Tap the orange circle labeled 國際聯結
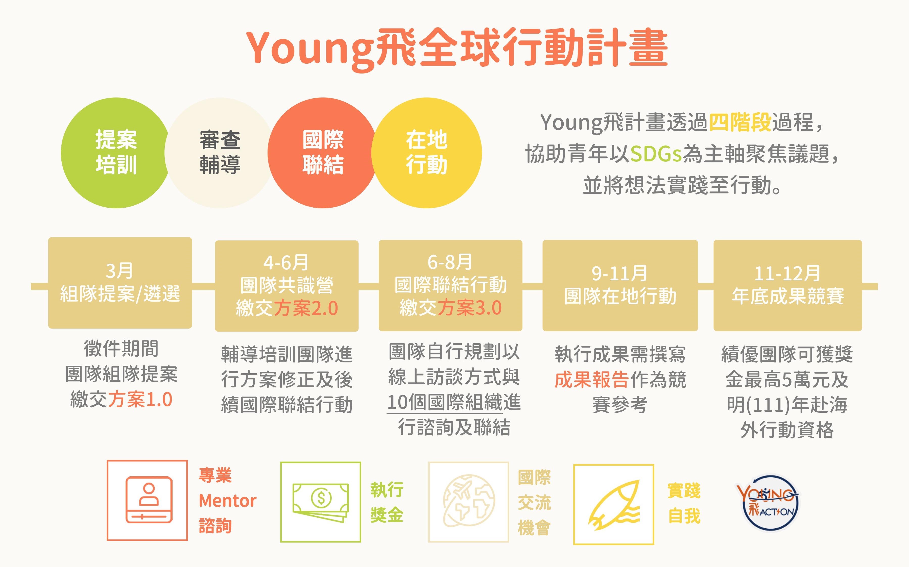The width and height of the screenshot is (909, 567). (323, 153)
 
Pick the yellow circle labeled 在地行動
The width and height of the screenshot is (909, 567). (427, 153)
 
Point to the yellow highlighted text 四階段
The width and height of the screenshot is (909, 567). (740, 122)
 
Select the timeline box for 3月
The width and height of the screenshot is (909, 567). (120, 283)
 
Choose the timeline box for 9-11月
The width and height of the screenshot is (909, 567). (620, 285)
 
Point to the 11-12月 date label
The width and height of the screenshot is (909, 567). (787, 273)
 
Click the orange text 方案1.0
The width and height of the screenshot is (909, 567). (140, 399)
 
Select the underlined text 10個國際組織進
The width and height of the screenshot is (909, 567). (454, 402)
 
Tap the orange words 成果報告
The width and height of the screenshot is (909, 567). (592, 380)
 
